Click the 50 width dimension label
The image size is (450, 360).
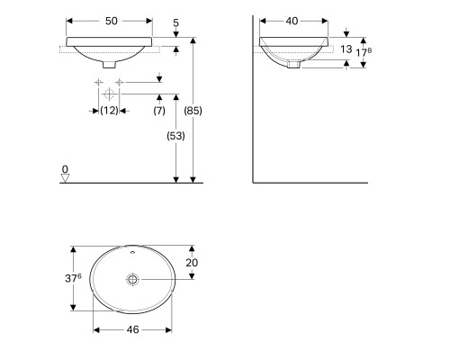pos(112,21)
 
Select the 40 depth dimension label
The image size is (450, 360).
pos(292,21)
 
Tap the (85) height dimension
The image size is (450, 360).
pos(193,111)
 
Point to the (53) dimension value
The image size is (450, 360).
pos(175,136)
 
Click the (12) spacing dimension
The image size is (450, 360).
pos(109,111)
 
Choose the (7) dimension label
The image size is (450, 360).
pos(159,111)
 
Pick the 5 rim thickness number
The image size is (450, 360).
pos(175,22)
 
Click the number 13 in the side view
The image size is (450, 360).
pos(346,49)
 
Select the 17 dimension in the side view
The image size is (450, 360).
pos(364,52)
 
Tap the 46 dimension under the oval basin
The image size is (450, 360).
pos(132,329)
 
